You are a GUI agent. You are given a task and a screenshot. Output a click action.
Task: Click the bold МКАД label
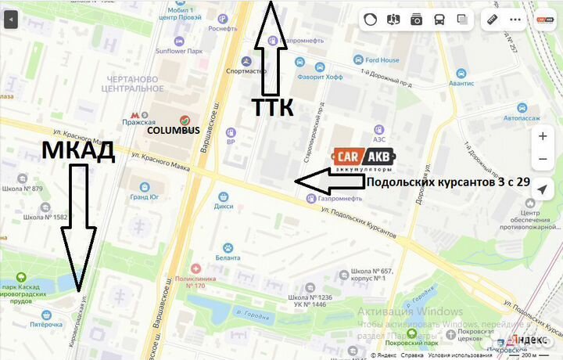pyautogui.click(x=78, y=150)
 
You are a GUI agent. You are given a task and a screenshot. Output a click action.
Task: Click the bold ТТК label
pyautogui.click(x=272, y=107)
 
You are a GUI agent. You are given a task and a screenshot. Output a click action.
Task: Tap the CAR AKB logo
pyautogui.click(x=364, y=159)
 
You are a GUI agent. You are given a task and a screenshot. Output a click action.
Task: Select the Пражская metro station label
pyautogui.click(x=139, y=122)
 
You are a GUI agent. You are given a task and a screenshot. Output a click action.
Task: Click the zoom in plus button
pyautogui.click(x=543, y=136)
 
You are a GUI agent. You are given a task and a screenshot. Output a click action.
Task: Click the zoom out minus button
pyautogui.click(x=543, y=159)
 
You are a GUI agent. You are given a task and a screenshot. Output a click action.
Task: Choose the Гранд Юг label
pyautogui.click(x=144, y=197)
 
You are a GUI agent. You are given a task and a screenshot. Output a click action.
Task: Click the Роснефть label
pyautogui.click(x=223, y=28)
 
